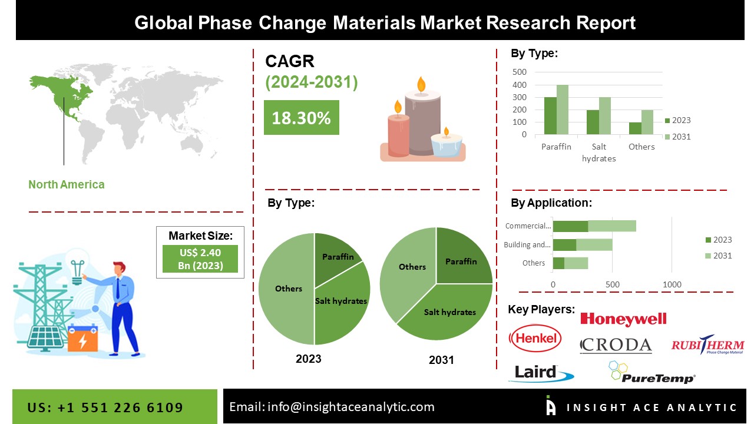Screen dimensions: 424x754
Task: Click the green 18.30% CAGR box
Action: click(x=301, y=118)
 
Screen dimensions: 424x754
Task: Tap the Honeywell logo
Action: click(x=623, y=319)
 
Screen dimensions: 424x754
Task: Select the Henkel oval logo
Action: click(x=535, y=338)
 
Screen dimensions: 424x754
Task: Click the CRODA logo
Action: click(x=616, y=345)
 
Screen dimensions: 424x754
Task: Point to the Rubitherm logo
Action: click(x=707, y=346)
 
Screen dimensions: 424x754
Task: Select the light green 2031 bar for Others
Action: click(x=647, y=122)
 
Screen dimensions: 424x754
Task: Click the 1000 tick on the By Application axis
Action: click(x=672, y=284)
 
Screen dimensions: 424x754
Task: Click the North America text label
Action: click(x=66, y=184)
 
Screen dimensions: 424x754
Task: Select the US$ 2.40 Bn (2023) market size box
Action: click(x=200, y=259)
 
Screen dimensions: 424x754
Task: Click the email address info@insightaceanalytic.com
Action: click(x=350, y=407)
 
